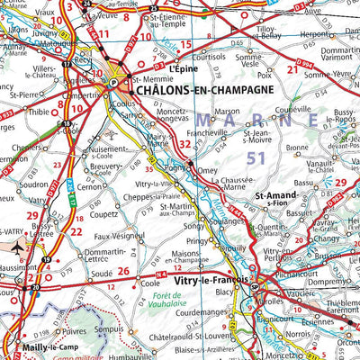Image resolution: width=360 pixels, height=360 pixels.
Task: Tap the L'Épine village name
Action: pyautogui.click(x=181, y=67)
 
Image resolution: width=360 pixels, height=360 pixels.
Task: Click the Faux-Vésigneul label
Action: pyautogui.click(x=121, y=235)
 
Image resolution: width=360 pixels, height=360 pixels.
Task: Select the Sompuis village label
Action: pyautogui.click(x=135, y=329)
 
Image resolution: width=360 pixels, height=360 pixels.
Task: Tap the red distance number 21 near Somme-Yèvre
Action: pyautogui.click(x=292, y=69)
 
